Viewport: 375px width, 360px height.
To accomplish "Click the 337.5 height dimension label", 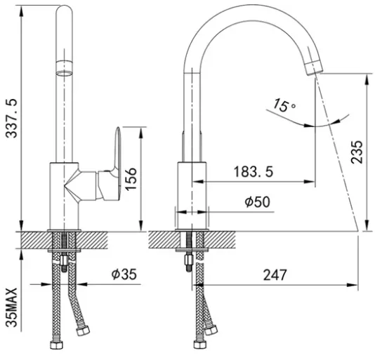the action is [x=11, y=118].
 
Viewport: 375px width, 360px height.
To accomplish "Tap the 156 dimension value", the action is [x=131, y=179].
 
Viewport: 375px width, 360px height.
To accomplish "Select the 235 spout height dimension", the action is [x=357, y=152].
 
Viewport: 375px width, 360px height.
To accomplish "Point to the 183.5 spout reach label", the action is [x=254, y=172].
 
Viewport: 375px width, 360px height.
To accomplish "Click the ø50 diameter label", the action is [x=257, y=201].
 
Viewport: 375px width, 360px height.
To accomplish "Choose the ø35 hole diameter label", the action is [x=124, y=274].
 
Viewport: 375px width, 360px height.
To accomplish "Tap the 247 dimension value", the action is [x=275, y=275].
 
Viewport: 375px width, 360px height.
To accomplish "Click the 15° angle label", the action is [x=284, y=105].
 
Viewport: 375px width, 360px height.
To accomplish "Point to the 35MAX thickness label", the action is [x=11, y=307].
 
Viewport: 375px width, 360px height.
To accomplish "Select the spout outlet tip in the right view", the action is [x=314, y=67].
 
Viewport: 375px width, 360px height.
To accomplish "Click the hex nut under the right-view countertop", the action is [x=189, y=260].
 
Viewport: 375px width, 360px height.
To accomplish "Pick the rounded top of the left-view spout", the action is [x=64, y=11].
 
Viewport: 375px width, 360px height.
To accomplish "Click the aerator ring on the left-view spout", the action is [x=64, y=69].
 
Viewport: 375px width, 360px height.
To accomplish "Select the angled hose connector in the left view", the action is [x=83, y=331].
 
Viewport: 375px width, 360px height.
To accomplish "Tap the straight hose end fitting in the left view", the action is [x=57, y=345].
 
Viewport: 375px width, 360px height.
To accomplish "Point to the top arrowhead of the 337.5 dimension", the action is [x=22, y=11].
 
